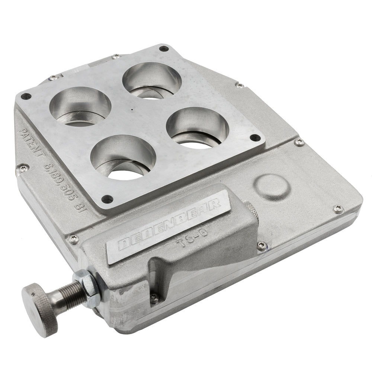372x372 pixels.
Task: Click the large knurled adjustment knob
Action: click(39, 309)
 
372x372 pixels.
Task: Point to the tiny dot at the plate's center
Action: click(132, 110)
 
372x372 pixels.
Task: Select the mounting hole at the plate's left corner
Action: click(26, 96)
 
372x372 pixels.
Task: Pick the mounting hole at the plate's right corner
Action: click(255, 138)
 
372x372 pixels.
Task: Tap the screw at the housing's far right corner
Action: click(338, 209)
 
